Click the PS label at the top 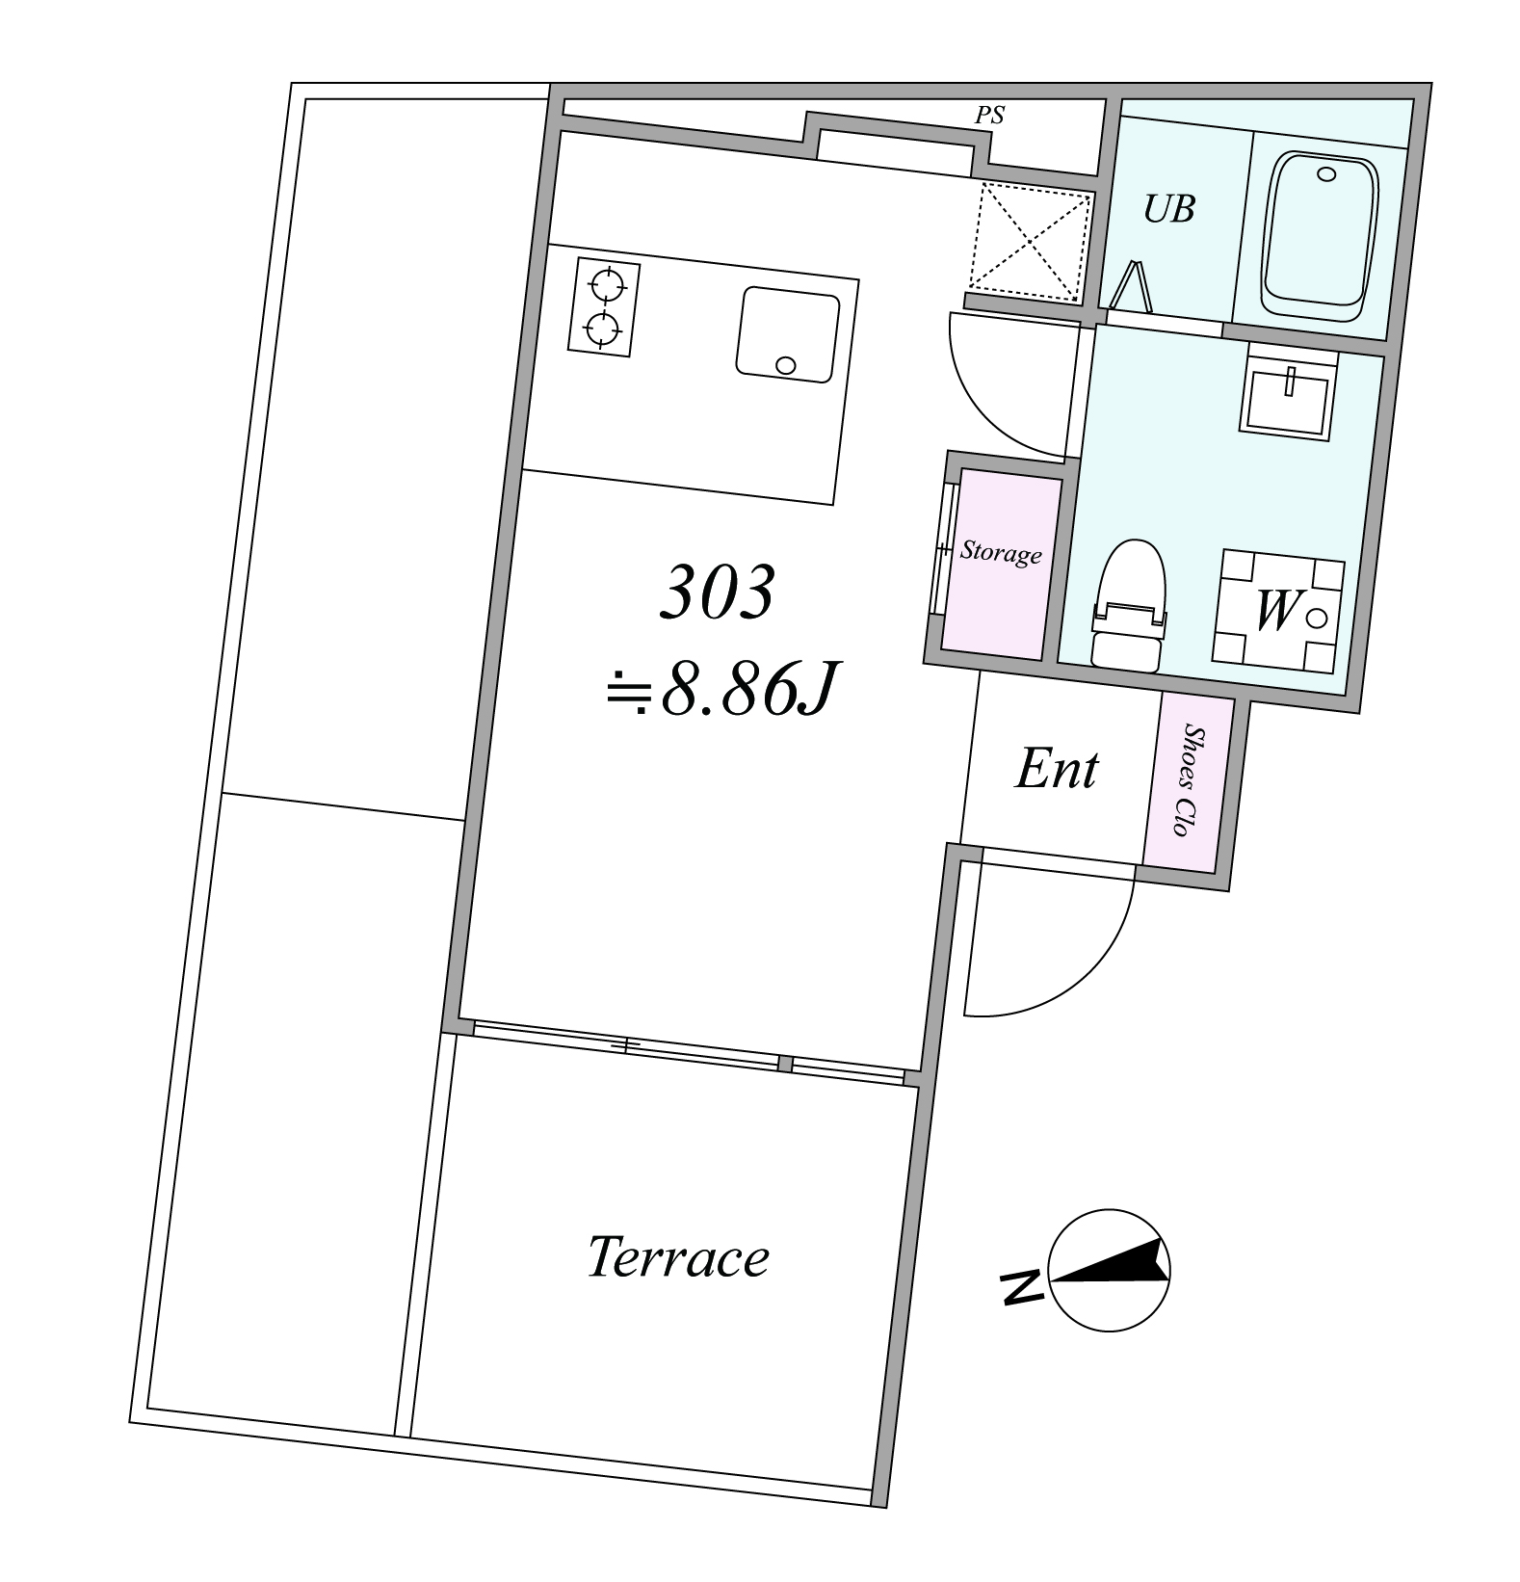989,116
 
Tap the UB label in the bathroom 1169,209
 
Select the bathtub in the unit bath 1320,238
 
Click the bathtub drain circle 1327,174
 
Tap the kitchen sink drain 786,365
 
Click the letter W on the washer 1275,611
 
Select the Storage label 1001,553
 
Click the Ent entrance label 1057,770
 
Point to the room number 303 718,593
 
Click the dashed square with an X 1030,239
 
